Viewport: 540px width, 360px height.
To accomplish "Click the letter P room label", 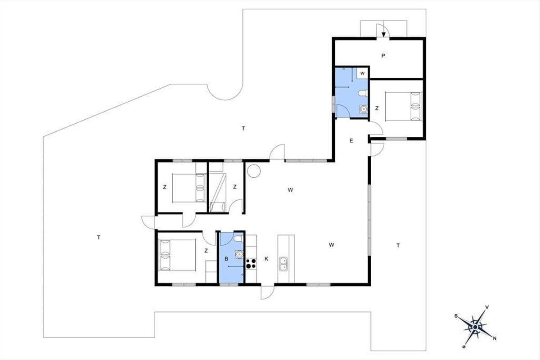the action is tap(383, 56).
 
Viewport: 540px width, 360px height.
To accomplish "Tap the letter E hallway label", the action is tap(351, 141).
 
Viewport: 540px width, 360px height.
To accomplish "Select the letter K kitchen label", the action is tap(266, 259).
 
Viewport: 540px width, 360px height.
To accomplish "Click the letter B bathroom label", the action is tap(226, 259).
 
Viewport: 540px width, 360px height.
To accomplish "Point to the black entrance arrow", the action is tap(383, 34).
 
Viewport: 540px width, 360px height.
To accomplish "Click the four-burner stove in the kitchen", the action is tap(251, 264).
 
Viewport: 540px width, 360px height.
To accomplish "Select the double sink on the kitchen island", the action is tap(283, 264).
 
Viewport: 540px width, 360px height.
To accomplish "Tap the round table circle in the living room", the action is tap(254, 171).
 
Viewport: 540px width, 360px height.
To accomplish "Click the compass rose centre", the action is tap(475, 327).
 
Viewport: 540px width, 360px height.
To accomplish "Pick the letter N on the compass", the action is tap(495, 338).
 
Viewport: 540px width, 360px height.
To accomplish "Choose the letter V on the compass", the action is tap(487, 307).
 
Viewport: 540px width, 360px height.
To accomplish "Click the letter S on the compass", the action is tap(456, 316).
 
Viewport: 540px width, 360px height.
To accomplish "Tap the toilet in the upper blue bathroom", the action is tap(363, 93).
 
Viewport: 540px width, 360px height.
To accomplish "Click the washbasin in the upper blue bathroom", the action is tap(364, 109).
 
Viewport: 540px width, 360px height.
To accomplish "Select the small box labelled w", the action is tap(362, 73).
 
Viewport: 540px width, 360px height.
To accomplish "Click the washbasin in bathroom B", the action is tap(239, 254).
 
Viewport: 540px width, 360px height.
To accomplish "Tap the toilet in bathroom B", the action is tap(238, 238).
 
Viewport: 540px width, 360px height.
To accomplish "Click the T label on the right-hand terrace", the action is tap(398, 245).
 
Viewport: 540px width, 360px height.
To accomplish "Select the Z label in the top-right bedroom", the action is tap(377, 108).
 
